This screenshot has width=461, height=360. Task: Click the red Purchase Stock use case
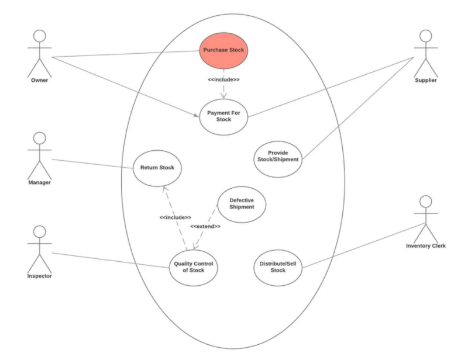(223, 50)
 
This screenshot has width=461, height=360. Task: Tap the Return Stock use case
(157, 168)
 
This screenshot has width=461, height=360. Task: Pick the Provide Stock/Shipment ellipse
(278, 156)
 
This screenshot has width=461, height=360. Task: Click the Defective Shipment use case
(242, 203)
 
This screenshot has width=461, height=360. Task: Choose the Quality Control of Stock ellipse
(193, 267)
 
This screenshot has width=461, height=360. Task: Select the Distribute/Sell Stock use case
(278, 267)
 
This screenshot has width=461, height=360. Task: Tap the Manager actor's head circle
(39, 139)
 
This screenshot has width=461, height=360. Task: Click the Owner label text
(39, 80)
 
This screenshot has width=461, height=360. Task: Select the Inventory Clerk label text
(426, 246)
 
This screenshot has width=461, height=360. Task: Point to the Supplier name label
(425, 80)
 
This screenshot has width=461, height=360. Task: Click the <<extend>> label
(205, 226)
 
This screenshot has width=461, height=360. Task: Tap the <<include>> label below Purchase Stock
(223, 79)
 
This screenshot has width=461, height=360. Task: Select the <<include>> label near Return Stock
(175, 217)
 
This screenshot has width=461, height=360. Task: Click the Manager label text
(39, 182)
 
